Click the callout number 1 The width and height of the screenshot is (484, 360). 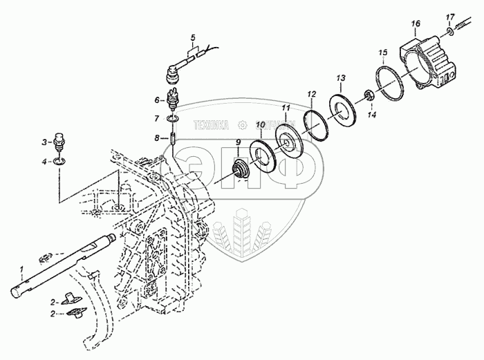(22, 268)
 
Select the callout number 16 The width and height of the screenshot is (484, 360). (415, 23)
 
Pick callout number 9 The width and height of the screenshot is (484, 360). (238, 144)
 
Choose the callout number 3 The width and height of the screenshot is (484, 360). (44, 142)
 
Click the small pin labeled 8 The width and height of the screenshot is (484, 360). (171, 139)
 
